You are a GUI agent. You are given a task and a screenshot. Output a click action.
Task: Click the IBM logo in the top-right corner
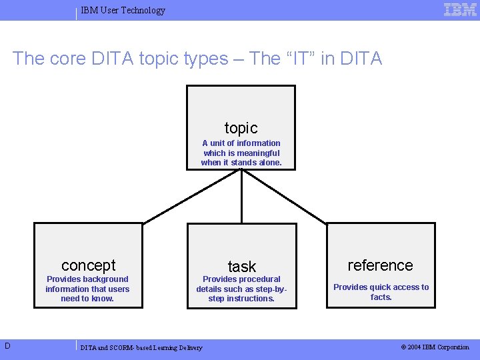pos(460,9)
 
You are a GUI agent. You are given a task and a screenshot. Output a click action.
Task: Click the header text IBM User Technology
pos(123,10)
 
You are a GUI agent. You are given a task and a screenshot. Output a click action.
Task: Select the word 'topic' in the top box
pos(241,128)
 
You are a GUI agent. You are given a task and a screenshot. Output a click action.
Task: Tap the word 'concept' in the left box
pos(88,265)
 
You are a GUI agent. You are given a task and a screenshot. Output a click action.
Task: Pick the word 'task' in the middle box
pos(241,267)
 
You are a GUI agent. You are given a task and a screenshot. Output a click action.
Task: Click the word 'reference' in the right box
pos(380,265)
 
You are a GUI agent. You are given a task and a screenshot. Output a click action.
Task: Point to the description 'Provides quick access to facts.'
pos(381,292)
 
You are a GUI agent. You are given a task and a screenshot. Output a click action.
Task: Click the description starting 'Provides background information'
pos(87,289)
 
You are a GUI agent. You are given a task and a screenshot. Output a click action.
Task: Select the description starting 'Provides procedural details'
pos(241,289)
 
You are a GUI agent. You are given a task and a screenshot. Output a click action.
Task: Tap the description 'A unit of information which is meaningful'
pos(241,153)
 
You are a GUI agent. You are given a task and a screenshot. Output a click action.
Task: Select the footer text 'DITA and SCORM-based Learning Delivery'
pos(141,347)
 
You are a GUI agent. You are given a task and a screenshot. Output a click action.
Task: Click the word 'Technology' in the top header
pos(143,10)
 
